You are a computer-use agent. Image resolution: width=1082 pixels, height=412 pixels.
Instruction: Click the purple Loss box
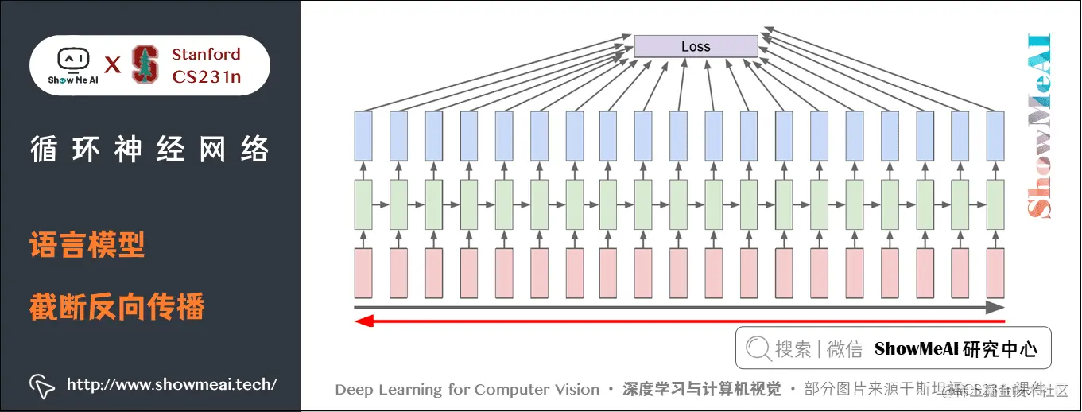click(696, 46)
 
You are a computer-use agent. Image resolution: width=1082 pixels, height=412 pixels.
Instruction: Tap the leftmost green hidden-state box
click(363, 204)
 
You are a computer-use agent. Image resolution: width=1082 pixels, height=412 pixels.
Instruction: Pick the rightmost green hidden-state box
click(995, 204)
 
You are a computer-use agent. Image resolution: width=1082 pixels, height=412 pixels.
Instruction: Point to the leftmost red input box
click(363, 273)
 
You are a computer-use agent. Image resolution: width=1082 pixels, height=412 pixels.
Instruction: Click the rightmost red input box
click(995, 273)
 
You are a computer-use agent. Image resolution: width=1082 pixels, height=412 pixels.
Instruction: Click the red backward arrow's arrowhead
click(363, 321)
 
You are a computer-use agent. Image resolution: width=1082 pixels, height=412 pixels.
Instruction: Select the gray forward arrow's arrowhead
click(996, 307)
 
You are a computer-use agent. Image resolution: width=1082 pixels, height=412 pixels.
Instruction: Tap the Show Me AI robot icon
click(73, 60)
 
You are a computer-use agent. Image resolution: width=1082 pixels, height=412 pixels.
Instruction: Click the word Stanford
click(206, 54)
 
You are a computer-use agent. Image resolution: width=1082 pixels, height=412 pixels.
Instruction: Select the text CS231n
click(206, 77)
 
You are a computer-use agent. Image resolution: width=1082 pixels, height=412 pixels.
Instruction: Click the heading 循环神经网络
click(149, 150)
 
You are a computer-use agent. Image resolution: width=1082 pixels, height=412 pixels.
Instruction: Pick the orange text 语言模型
click(87, 245)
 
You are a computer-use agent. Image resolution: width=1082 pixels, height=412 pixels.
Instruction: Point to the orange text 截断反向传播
click(117, 306)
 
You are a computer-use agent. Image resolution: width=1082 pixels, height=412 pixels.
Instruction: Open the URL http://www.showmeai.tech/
click(172, 385)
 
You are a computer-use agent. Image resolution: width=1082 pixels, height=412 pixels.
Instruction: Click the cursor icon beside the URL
click(41, 385)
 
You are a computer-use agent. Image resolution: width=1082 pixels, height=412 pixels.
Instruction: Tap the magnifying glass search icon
click(758, 348)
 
